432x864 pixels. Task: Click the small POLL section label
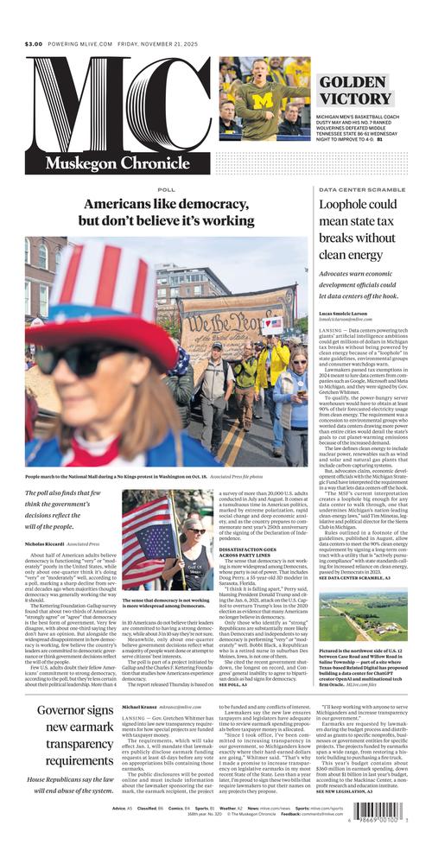point(167,189)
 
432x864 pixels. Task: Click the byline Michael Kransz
point(144,707)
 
